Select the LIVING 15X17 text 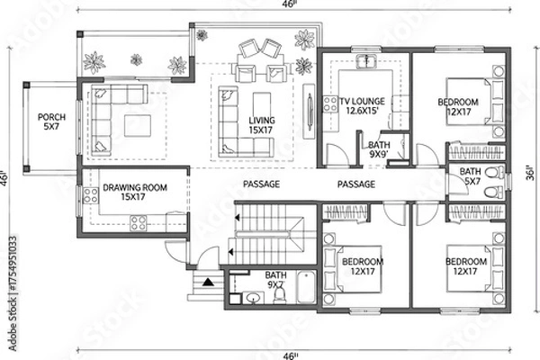261,125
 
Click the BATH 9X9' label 379,148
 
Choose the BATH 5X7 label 470,176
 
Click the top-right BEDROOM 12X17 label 461,108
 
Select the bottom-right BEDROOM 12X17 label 466,267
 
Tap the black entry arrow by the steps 209,282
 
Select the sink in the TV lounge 365,63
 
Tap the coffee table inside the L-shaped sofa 138,123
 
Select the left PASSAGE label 262,184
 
